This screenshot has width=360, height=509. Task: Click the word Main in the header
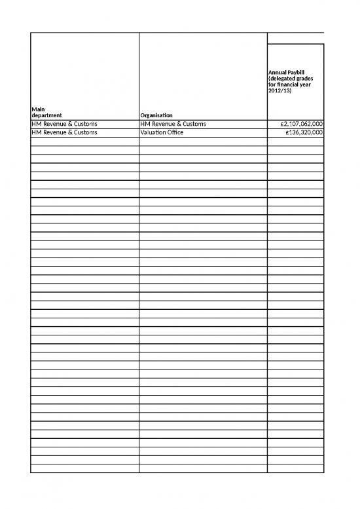click(x=38, y=109)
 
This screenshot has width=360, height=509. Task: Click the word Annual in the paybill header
click(x=278, y=71)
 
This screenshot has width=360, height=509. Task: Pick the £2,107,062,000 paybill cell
click(x=297, y=124)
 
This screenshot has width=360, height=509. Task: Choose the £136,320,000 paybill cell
click(x=301, y=132)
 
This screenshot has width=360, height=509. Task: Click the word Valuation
click(x=154, y=132)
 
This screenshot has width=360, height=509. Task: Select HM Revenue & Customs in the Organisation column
click(x=173, y=124)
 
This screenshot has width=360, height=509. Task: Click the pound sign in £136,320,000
click(x=287, y=132)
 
